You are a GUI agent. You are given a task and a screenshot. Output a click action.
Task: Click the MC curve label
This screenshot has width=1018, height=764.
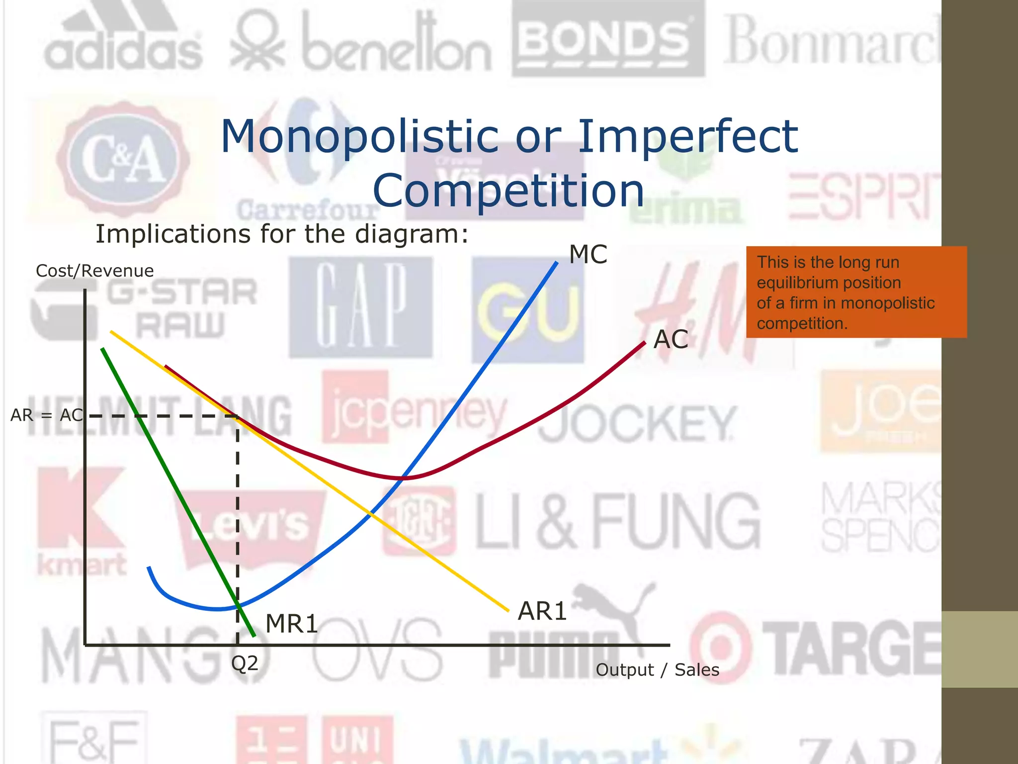pos(588,255)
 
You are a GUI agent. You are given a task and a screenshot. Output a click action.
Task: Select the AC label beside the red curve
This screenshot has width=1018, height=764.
pos(671,340)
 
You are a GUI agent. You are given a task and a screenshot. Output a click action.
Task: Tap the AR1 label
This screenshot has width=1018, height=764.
pos(542,611)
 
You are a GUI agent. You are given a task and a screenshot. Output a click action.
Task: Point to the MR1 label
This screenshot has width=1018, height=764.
pos(292,624)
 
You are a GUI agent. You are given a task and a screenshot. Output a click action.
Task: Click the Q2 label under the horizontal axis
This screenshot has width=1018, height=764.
pos(245,664)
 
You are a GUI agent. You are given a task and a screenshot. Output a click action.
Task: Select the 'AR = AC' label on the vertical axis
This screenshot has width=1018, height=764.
pos(47,415)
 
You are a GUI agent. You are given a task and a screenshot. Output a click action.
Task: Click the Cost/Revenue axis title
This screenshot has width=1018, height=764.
pos(95,271)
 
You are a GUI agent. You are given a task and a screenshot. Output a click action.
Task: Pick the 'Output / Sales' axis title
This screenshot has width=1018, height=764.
pos(657,670)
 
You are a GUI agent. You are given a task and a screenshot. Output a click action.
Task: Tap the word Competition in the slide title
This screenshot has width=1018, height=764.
pos(509,191)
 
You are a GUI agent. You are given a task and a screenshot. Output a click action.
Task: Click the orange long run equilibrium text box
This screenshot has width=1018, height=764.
pos(856,292)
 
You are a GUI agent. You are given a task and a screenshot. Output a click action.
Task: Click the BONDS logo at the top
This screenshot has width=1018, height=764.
pos(608,40)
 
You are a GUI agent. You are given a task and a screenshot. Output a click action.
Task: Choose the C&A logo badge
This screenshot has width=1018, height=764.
pos(123,159)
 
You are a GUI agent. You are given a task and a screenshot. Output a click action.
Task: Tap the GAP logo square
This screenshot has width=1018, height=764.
pos(361,306)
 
